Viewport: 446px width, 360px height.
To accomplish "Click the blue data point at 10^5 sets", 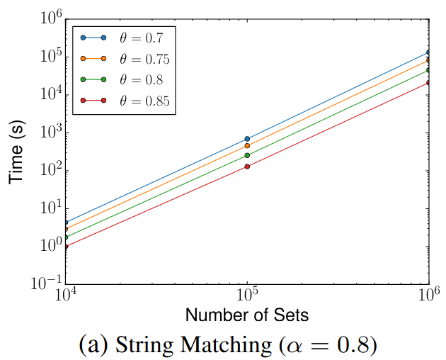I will (x=247, y=139).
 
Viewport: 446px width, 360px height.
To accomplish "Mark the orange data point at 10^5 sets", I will (x=247, y=146).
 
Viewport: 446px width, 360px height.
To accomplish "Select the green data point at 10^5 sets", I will (x=247, y=155).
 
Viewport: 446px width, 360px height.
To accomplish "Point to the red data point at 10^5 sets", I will (x=247, y=167).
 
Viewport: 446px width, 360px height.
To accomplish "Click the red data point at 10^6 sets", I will (x=428, y=83).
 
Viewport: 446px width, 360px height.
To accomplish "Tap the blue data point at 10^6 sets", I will (x=428, y=52).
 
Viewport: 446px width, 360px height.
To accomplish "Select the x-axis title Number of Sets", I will (x=247, y=314).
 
